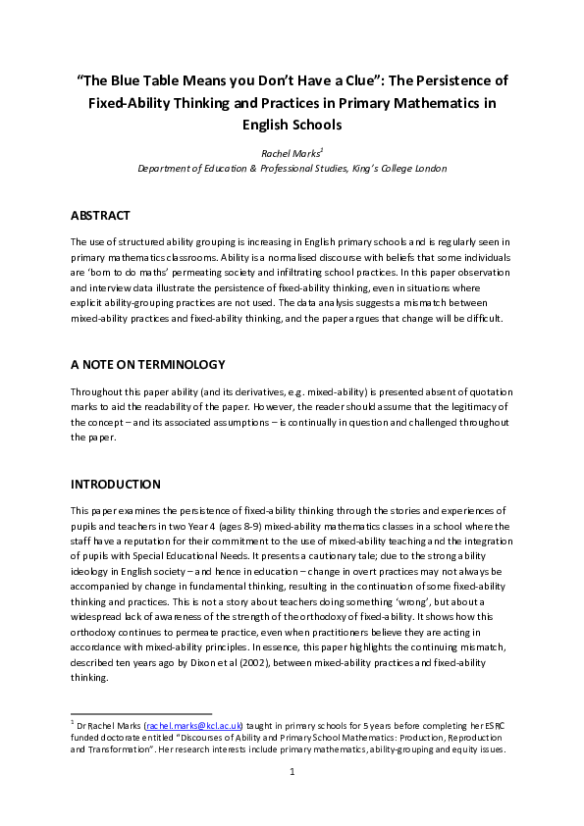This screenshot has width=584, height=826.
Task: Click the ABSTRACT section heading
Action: (x=101, y=215)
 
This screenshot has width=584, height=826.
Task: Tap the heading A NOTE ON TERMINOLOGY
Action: (x=148, y=365)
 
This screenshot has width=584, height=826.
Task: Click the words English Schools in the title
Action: (x=292, y=125)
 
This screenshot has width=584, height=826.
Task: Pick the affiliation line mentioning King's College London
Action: (x=292, y=169)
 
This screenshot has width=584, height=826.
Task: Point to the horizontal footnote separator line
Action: (x=141, y=713)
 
